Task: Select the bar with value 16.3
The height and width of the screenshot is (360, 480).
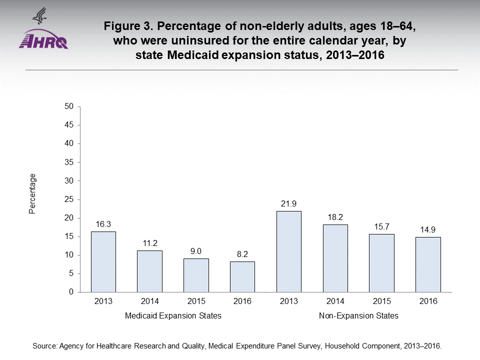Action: tap(103, 261)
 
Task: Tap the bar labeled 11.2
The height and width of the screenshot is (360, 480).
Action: tap(149, 271)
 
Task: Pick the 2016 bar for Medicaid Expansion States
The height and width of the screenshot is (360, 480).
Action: tap(242, 276)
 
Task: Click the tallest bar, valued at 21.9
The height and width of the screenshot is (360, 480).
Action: tap(289, 251)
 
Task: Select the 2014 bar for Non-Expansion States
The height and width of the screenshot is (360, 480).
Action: tap(335, 258)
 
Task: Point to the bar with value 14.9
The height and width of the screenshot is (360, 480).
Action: tap(428, 264)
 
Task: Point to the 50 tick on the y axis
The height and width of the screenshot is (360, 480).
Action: tap(69, 106)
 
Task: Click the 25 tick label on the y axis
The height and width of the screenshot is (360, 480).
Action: tap(69, 199)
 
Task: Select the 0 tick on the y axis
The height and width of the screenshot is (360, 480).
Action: tap(71, 292)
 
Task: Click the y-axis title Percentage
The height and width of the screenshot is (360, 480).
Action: tap(32, 194)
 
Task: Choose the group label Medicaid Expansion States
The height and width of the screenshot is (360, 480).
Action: tap(173, 316)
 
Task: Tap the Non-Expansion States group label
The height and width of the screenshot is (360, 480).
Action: tap(358, 316)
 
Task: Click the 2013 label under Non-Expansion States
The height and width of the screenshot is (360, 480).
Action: tap(289, 301)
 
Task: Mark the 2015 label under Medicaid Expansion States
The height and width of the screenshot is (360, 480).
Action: tap(196, 301)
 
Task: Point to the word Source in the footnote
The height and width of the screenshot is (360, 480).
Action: tap(43, 345)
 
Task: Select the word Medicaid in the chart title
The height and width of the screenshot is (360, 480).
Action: tap(195, 55)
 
